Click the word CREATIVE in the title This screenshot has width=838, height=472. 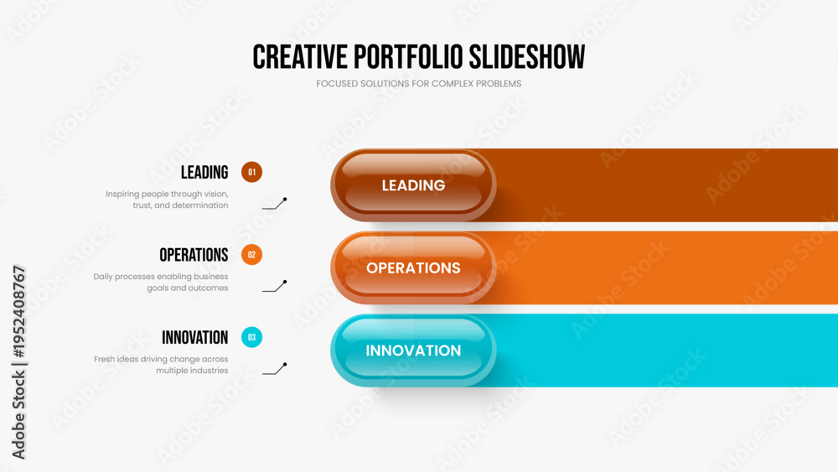pyautogui.click(x=300, y=57)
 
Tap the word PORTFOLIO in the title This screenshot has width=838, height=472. pyautogui.click(x=408, y=57)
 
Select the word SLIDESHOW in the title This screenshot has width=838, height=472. pyautogui.click(x=527, y=57)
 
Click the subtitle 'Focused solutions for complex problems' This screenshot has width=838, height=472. pyautogui.click(x=418, y=84)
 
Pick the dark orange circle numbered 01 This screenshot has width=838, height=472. pyautogui.click(x=251, y=172)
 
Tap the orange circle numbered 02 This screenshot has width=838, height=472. pyautogui.click(x=251, y=255)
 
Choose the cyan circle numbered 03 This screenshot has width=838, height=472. pyautogui.click(x=251, y=337)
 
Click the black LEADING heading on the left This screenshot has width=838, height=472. pyautogui.click(x=204, y=172)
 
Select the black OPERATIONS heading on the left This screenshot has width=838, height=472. pyautogui.click(x=194, y=255)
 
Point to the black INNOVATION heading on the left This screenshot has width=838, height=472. pyautogui.click(x=195, y=337)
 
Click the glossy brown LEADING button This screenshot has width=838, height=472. pyautogui.click(x=413, y=185)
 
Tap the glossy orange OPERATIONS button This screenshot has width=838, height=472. pyautogui.click(x=413, y=267)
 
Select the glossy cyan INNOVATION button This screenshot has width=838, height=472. pyautogui.click(x=413, y=350)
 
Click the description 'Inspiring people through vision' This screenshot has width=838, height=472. pyautogui.click(x=167, y=194)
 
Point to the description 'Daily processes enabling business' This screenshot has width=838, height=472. pyautogui.click(x=161, y=277)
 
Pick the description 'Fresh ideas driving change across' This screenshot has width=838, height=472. pyautogui.click(x=161, y=359)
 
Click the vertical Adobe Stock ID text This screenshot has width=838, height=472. pyautogui.click(x=18, y=362)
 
